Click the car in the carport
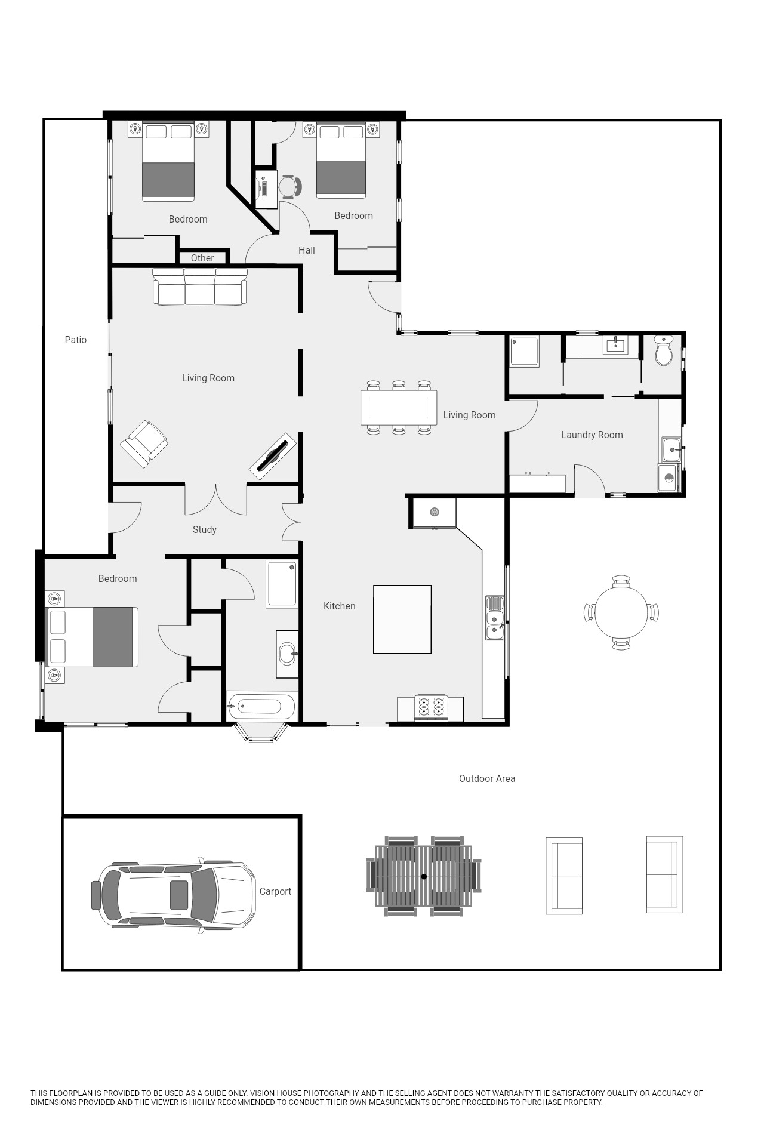(x=173, y=894)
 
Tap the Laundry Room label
(x=592, y=435)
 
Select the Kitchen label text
(x=340, y=606)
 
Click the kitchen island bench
(x=402, y=620)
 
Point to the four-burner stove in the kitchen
(x=431, y=707)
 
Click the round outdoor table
(x=621, y=612)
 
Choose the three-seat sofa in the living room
(x=200, y=286)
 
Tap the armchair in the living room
(x=144, y=443)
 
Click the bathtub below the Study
(x=261, y=707)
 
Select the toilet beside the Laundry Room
(x=664, y=350)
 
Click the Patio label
(x=76, y=340)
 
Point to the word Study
(x=205, y=530)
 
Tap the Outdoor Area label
(x=487, y=779)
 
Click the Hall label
(x=307, y=251)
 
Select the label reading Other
(x=202, y=258)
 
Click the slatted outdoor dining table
(x=424, y=876)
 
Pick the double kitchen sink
(x=495, y=618)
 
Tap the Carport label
(x=276, y=892)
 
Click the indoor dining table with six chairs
(x=399, y=408)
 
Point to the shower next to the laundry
(x=525, y=352)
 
